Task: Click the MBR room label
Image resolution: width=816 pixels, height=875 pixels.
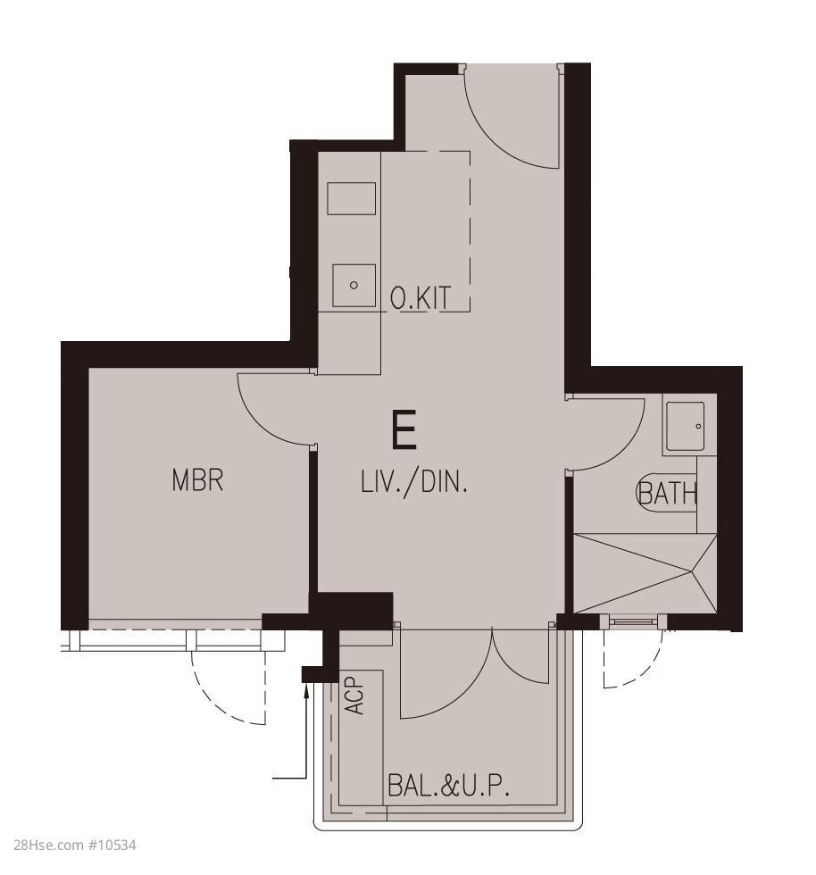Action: tap(197, 480)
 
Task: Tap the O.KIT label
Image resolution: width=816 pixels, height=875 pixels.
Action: tap(420, 297)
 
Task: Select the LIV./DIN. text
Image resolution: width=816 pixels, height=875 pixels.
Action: tap(413, 481)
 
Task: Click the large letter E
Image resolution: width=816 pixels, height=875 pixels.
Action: tap(404, 429)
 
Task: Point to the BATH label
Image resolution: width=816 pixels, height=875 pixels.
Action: tap(666, 493)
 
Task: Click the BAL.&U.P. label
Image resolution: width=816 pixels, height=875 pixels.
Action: tap(448, 785)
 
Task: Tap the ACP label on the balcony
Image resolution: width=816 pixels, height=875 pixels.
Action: tap(354, 696)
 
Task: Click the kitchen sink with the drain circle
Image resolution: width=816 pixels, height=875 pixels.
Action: tap(354, 285)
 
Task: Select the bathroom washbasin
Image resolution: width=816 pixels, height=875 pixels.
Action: tap(685, 427)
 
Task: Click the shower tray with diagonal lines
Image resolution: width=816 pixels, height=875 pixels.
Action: tap(645, 573)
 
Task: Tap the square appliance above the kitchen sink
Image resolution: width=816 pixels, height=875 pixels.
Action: tap(351, 198)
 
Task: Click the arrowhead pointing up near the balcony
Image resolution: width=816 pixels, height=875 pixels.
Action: tap(306, 691)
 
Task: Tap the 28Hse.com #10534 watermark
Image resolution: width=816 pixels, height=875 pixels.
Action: tap(74, 845)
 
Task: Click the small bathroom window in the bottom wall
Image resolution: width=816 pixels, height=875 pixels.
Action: tap(633, 621)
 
